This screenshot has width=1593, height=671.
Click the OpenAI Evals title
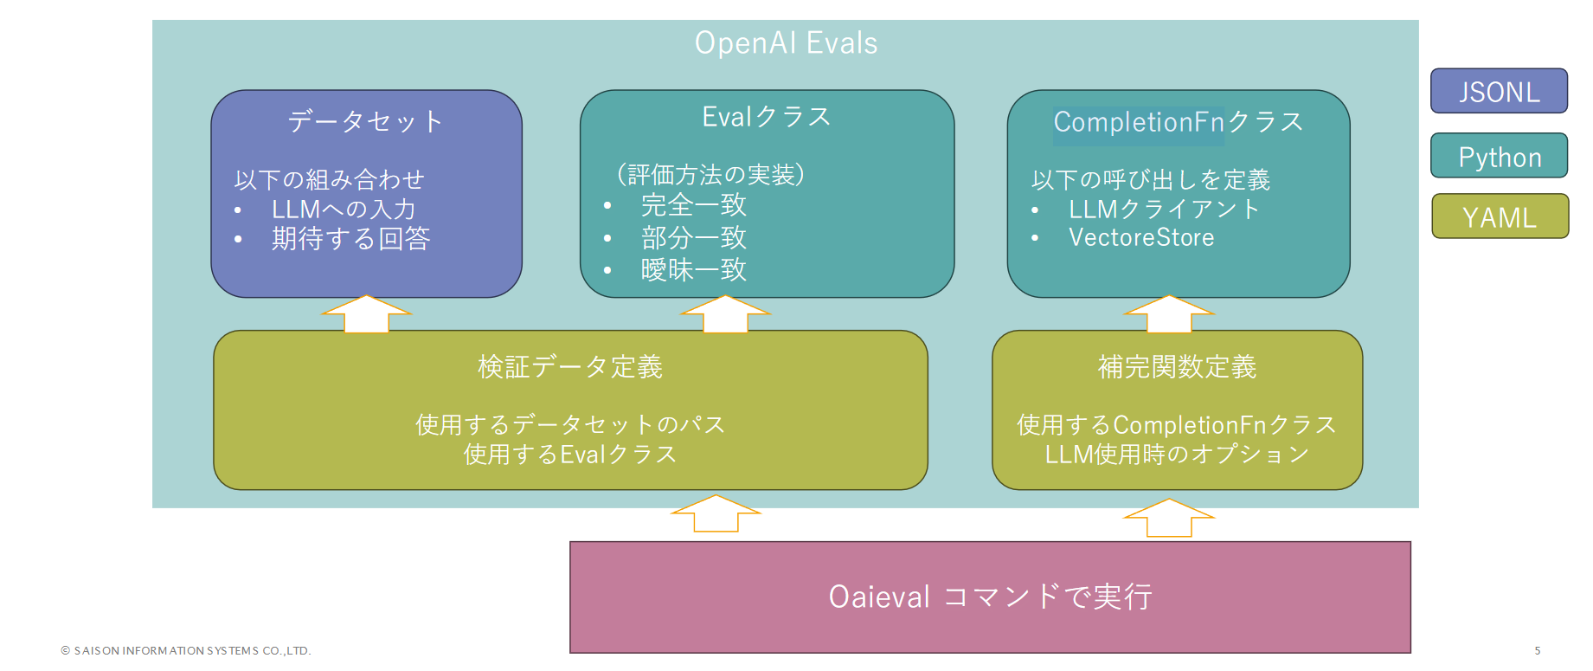click(786, 43)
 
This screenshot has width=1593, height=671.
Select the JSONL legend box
click(1499, 92)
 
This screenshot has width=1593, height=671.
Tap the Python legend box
click(1499, 157)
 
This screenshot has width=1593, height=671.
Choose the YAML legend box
click(1499, 217)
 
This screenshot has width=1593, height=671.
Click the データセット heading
click(365, 121)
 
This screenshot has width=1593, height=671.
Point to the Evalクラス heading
click(766, 117)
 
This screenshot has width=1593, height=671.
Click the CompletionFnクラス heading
click(1178, 122)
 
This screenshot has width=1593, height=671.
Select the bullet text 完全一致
click(693, 205)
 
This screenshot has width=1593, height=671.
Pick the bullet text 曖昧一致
click(693, 270)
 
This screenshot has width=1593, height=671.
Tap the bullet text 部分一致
click(693, 237)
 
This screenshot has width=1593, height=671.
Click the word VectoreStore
click(1140, 237)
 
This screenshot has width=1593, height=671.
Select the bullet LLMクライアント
click(1164, 209)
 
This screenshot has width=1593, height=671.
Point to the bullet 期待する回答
click(350, 238)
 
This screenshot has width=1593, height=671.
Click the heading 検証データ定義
click(570, 367)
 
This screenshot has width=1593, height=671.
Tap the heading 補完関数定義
click(1177, 367)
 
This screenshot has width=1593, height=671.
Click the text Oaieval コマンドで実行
click(990, 597)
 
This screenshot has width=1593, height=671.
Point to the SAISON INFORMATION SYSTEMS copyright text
click(186, 650)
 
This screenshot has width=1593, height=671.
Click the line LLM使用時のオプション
click(1177, 454)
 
